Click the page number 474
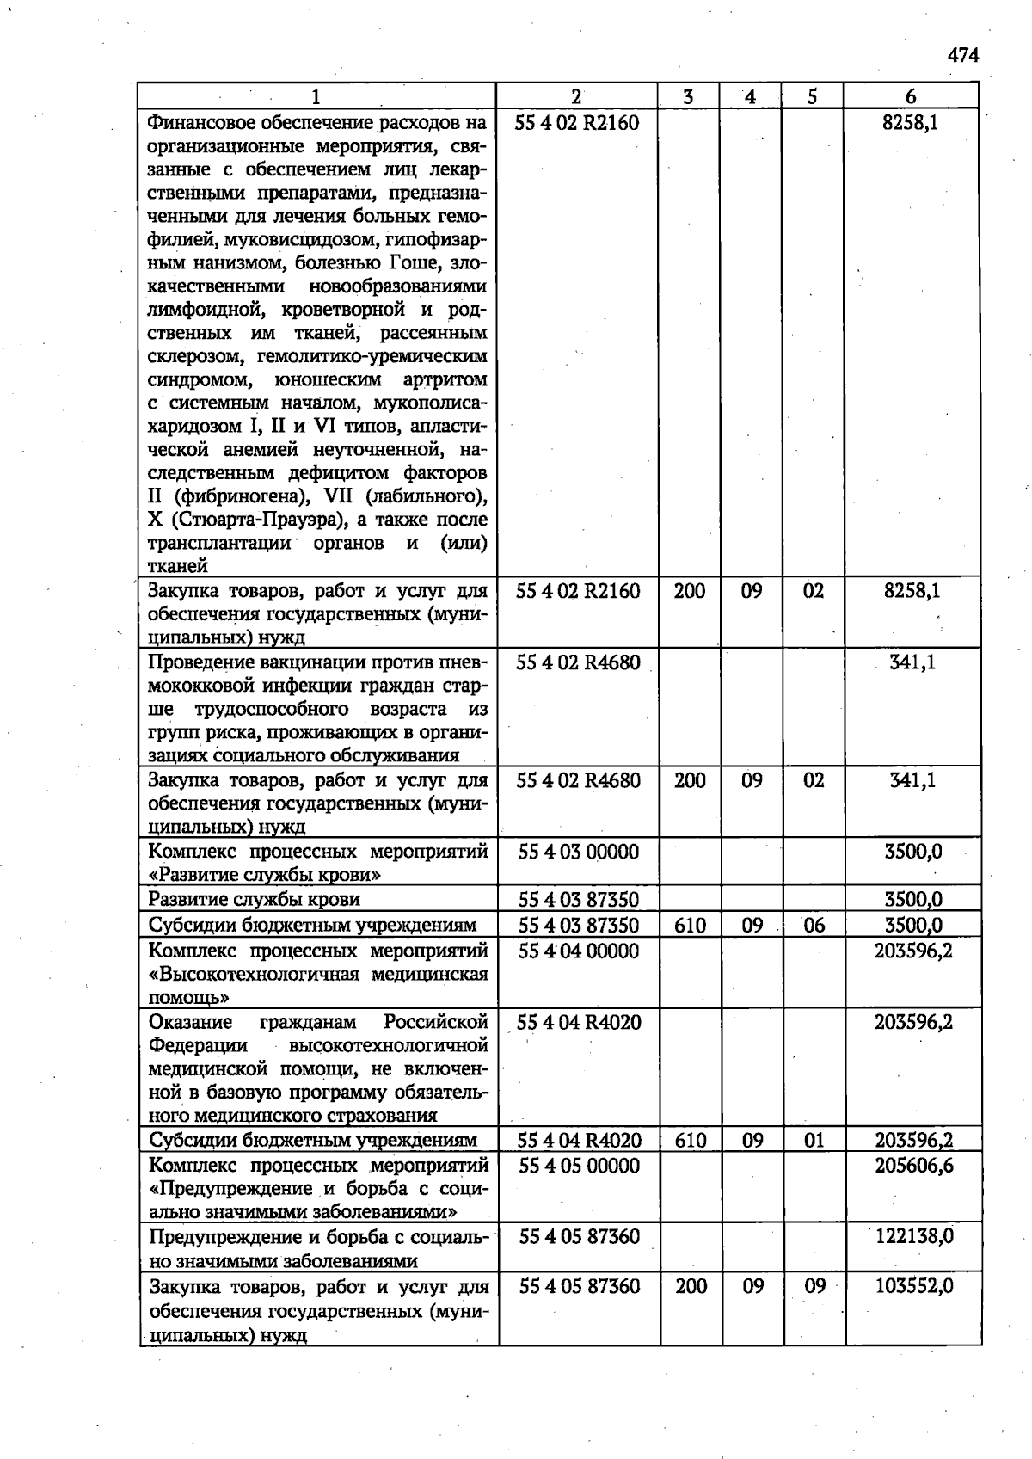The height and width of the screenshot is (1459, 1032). [963, 56]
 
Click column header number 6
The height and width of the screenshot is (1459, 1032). [911, 96]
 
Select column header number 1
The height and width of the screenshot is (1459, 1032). [316, 96]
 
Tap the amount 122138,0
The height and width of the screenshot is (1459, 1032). [914, 1236]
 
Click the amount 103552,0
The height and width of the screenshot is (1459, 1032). [914, 1286]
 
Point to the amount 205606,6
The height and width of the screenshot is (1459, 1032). [914, 1166]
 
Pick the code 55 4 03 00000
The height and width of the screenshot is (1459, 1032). [579, 852]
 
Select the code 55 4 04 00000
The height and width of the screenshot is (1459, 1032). [579, 951]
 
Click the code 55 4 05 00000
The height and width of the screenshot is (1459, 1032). [580, 1166]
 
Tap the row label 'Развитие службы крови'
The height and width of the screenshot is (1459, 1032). [254, 900]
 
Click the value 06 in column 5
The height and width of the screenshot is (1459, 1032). [814, 925]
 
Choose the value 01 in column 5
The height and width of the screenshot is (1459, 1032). [814, 1141]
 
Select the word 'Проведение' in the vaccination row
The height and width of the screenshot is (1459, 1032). [197, 662]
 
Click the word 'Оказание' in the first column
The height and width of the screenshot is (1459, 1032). [190, 1022]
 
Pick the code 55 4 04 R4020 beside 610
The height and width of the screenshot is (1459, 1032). [580, 1141]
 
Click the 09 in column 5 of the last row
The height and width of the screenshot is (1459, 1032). [814, 1286]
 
